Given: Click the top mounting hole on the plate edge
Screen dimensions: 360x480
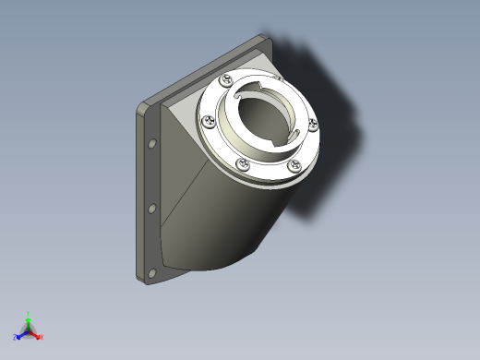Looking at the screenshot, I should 152,145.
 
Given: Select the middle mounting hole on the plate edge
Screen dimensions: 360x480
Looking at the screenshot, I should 152,210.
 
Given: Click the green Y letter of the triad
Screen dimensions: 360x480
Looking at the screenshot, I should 29,313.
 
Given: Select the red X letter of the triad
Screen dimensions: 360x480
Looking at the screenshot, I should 42,337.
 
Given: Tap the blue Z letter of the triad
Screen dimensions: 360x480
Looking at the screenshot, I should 15,339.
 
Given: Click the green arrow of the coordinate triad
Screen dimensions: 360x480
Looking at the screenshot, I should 29,322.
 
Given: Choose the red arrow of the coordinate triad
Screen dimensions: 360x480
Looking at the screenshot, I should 35,334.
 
